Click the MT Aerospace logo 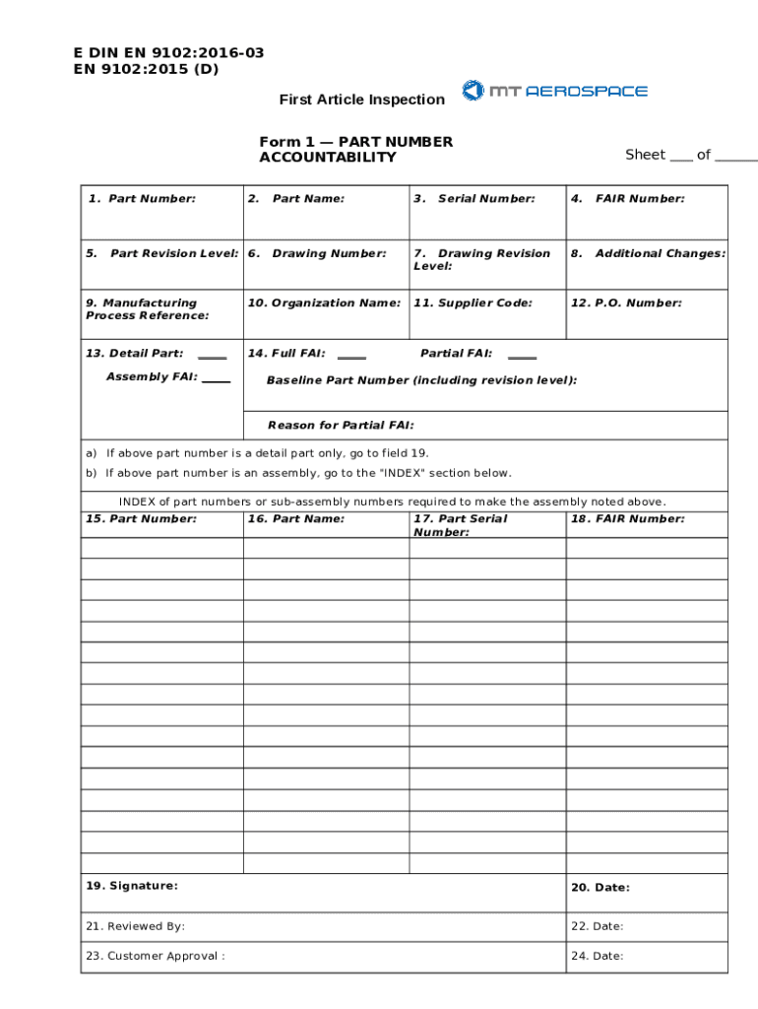[x=555, y=91]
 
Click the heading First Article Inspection [x=361, y=100]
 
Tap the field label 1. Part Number [x=142, y=199]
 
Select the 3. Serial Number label [x=474, y=199]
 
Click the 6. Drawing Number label [x=318, y=254]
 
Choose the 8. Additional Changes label [x=649, y=254]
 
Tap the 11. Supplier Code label [x=474, y=303]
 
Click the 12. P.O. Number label [x=626, y=303]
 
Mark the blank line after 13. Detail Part [x=212, y=357]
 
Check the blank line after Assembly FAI [x=216, y=380]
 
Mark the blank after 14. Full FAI [x=351, y=357]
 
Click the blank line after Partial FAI [x=522, y=357]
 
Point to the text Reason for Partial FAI [x=341, y=426]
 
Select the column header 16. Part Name [x=296, y=519]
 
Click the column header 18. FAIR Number [x=628, y=519]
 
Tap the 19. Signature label [x=132, y=886]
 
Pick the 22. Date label [x=597, y=926]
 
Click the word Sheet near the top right [x=645, y=155]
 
